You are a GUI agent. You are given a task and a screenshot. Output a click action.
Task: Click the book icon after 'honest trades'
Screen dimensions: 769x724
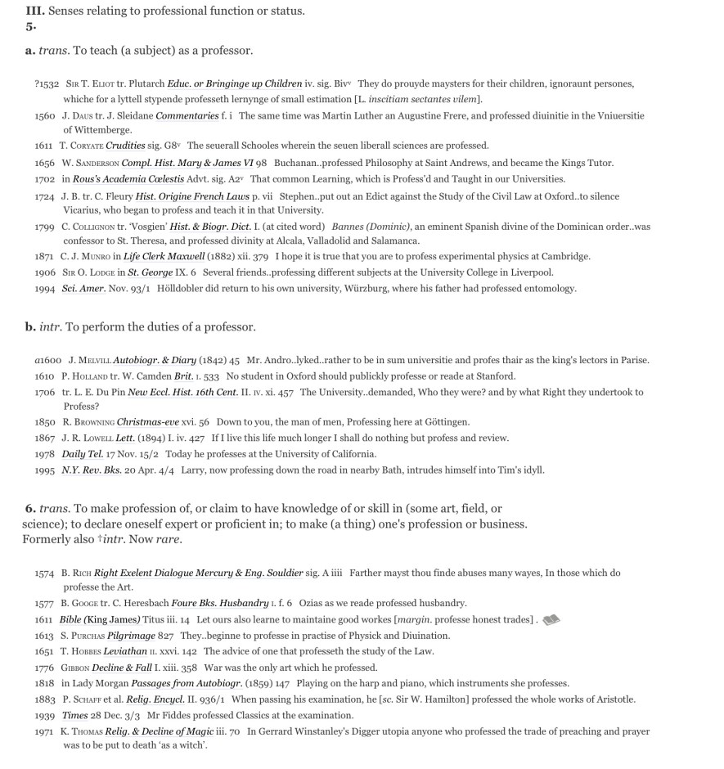pos(551,620)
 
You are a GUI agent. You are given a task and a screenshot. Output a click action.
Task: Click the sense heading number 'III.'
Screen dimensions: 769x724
pos(34,11)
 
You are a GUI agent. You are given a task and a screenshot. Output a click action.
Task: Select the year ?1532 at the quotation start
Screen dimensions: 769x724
pos(47,83)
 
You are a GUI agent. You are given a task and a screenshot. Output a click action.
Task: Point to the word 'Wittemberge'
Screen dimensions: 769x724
pos(97,130)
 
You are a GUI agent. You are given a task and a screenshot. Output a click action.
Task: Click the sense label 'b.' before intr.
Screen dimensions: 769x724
pos(30,327)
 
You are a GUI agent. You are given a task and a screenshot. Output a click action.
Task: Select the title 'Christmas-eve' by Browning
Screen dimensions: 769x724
pos(147,422)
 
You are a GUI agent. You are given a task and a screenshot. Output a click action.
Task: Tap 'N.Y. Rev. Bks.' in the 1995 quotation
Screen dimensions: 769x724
pos(91,470)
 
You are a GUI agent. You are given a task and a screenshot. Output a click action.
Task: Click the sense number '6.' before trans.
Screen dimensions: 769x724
pos(30,509)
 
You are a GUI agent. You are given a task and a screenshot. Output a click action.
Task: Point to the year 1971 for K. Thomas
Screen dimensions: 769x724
pos(44,731)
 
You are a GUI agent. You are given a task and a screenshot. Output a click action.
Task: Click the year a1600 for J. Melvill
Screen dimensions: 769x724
pos(47,360)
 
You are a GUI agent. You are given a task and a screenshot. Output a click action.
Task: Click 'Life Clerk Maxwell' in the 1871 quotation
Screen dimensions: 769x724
pos(164,257)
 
